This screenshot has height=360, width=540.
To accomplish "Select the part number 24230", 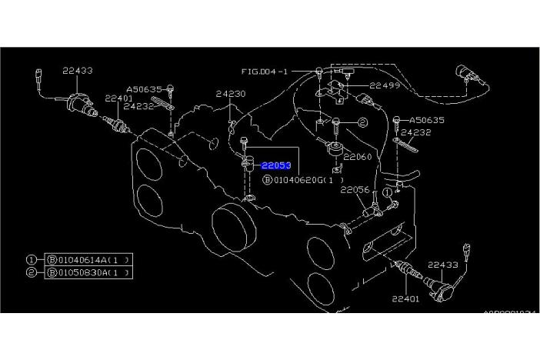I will [x=230, y=94].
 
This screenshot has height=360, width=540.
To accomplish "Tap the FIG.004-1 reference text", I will [x=264, y=71].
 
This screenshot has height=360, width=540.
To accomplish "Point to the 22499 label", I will [x=385, y=85].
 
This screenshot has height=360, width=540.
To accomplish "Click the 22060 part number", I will [x=358, y=156].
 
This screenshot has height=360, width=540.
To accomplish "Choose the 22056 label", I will [x=355, y=188].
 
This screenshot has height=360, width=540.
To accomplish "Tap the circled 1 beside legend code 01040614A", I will [x=32, y=260].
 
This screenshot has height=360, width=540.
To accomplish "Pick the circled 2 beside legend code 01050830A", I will [x=32, y=272].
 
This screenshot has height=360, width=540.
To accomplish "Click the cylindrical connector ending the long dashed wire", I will [x=468, y=73].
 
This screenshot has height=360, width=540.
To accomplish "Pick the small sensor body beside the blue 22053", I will [x=248, y=165].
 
